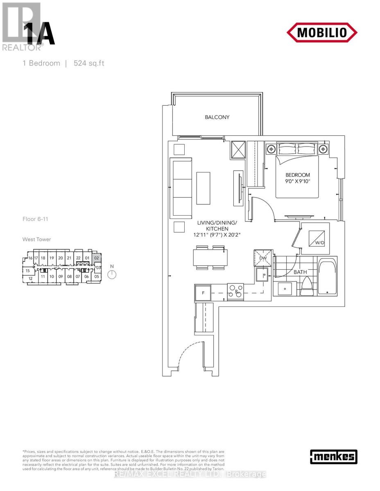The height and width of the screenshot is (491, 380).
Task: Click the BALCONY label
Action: tap(217, 117)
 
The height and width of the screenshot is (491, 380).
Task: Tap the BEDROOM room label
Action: tap(298, 175)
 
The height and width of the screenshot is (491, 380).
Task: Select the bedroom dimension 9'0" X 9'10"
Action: tap(298, 181)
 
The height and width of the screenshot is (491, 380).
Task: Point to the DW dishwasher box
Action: tap(262, 258)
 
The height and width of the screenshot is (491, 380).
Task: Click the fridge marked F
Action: tap(203, 293)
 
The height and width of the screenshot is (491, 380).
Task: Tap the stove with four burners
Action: tap(235, 292)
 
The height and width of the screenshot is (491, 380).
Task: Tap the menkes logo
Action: tap(333, 457)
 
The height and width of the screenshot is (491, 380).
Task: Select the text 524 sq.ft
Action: tap(89, 63)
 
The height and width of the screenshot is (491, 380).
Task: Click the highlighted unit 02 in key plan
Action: tap(97, 258)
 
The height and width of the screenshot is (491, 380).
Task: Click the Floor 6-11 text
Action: tap(36, 219)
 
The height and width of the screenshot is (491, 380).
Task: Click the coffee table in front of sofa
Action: tap(204, 188)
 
